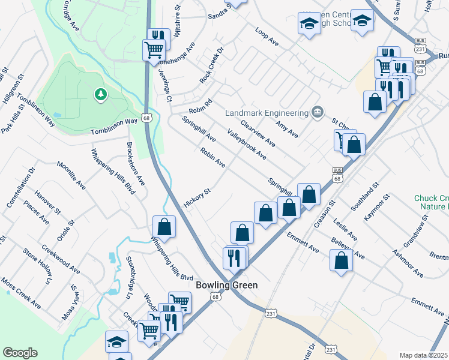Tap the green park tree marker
coord(101,94)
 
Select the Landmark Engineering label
coord(267,112)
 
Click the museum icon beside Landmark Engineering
coord(318,112)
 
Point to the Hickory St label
coord(197,199)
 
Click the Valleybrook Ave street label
coord(247,144)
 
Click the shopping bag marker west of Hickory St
coord(164,227)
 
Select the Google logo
coord(20,352)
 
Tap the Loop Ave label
coord(267,37)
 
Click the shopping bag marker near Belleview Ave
coord(341,260)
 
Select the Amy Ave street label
coord(287,127)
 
